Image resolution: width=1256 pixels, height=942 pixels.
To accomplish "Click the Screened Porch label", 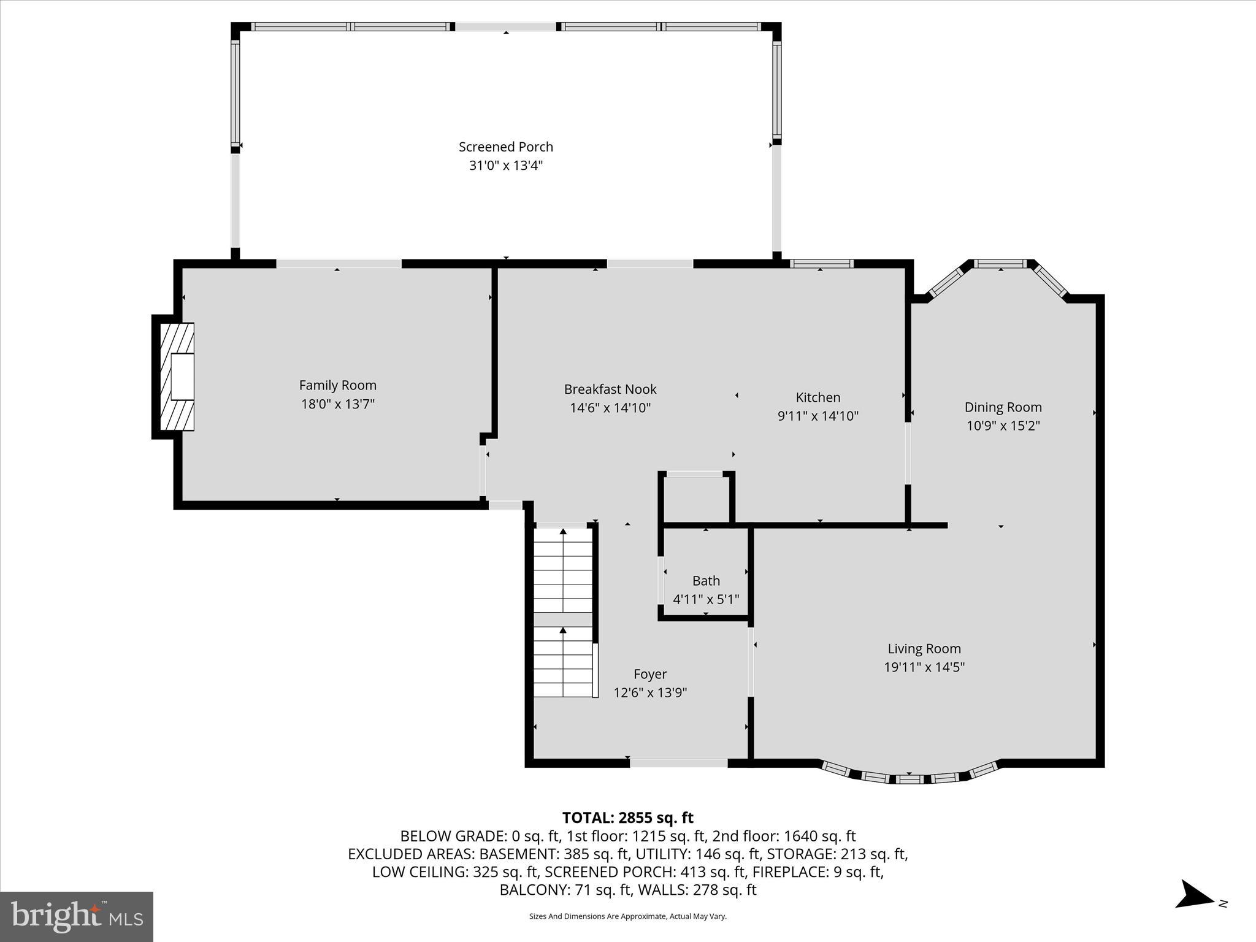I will click(505, 147).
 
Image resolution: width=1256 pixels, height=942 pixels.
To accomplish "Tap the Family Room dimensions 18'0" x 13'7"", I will click(337, 404).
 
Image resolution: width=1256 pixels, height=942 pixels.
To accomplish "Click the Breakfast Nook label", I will click(610, 389).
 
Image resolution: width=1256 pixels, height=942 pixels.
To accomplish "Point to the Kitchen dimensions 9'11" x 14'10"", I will click(818, 416).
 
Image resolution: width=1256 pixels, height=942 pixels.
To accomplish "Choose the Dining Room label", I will click(1003, 407).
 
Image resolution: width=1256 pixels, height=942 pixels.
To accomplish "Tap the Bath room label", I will click(706, 581).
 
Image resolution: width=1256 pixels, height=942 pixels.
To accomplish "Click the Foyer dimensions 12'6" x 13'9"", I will click(650, 692).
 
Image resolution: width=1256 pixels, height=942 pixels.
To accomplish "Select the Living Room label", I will click(924, 649).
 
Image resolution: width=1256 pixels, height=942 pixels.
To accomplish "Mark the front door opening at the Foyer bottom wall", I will click(678, 763).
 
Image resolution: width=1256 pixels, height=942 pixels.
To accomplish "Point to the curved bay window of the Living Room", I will click(909, 778).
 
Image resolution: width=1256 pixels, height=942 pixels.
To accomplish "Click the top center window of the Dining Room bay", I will click(1000, 264).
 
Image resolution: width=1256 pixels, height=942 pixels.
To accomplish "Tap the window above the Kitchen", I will click(821, 264).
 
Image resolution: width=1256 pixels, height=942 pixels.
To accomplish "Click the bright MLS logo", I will click(77, 917).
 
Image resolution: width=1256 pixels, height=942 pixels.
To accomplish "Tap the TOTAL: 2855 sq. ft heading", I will click(627, 818).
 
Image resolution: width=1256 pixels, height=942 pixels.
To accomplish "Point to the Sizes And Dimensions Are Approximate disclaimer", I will click(627, 916).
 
